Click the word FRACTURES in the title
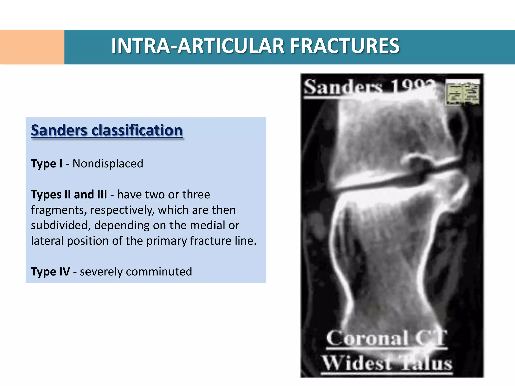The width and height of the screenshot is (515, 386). point(345,46)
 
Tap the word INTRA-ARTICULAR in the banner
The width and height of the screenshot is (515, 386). point(198,46)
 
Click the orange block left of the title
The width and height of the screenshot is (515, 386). point(32,47)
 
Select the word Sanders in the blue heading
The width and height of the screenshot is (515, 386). point(59,130)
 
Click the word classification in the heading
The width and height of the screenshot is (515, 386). point(137,130)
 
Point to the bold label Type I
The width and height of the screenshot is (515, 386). point(47,164)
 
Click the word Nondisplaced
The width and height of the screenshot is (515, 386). point(108,164)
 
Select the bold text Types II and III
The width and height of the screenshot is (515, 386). point(69,195)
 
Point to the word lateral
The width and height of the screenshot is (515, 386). point(47,241)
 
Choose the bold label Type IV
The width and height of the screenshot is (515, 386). point(50,272)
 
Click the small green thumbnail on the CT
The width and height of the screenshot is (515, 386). point(462,92)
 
